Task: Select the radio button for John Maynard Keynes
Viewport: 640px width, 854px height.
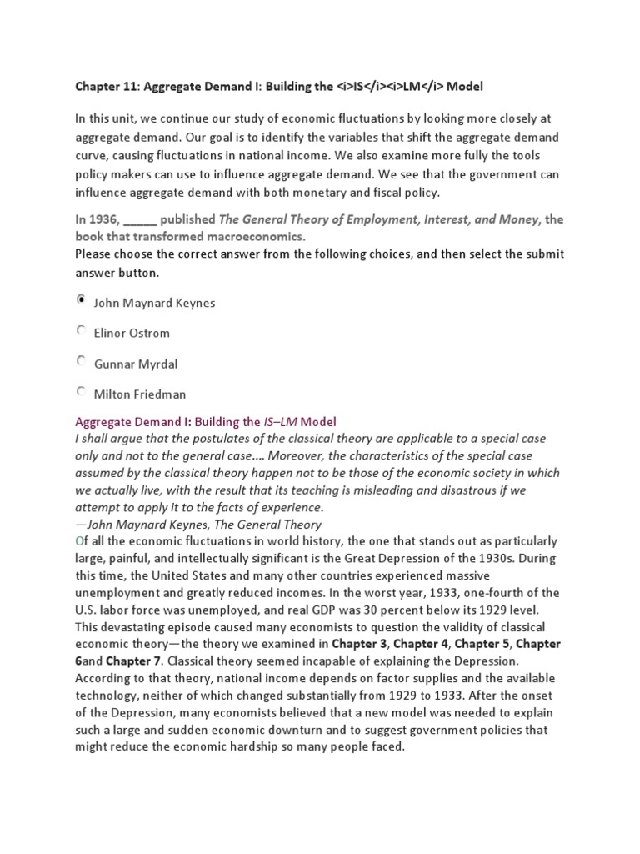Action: pos(81,299)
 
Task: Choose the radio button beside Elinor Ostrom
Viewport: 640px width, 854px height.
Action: pos(81,330)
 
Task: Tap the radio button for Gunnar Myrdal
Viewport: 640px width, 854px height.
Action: pos(81,360)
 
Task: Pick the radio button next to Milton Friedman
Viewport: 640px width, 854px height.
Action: pos(81,390)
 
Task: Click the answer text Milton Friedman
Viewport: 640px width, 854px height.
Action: pos(139,394)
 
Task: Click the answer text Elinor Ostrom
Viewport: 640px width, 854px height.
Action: pos(131,334)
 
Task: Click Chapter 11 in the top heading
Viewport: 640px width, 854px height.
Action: pos(102,87)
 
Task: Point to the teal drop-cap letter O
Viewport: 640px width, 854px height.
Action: pos(79,541)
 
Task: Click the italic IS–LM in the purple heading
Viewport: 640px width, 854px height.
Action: pos(283,422)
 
